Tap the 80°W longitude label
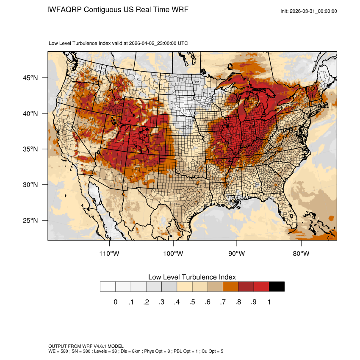[301, 254]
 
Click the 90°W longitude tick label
[237, 254]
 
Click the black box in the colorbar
[277, 287]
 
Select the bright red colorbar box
[261, 287]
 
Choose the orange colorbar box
[231, 287]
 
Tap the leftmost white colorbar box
[108, 287]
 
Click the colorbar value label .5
[192, 302]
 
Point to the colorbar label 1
[269, 302]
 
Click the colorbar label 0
[115, 302]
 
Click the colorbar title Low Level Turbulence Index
[192, 277]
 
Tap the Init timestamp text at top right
[309, 11]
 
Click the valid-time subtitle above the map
[119, 43]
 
